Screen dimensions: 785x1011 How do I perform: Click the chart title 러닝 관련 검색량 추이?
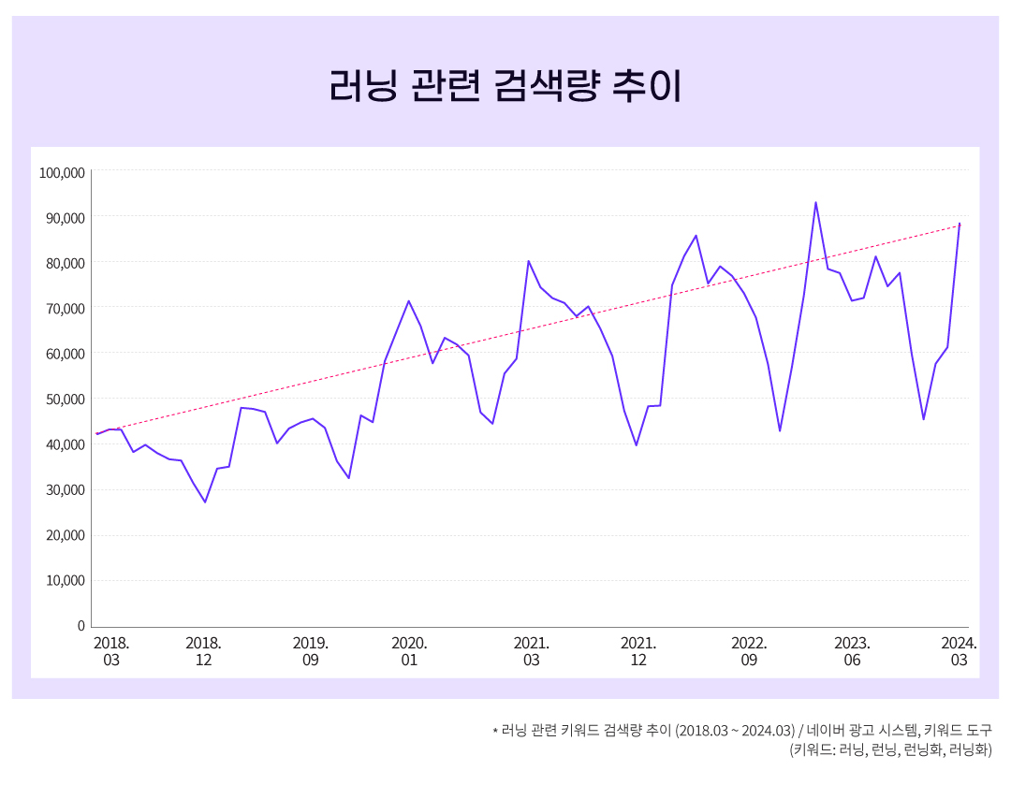click(x=505, y=86)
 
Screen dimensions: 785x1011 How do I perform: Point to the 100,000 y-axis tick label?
click(x=62, y=172)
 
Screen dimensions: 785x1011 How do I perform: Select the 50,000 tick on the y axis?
click(x=65, y=400)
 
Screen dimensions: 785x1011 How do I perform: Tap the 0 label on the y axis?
click(x=81, y=626)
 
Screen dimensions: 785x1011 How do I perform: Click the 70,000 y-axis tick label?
click(x=65, y=309)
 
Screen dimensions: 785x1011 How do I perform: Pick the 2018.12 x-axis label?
click(x=203, y=651)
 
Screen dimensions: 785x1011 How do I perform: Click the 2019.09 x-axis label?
click(x=310, y=651)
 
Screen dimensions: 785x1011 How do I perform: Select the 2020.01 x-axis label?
click(x=409, y=651)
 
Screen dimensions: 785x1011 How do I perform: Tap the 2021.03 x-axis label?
click(x=532, y=651)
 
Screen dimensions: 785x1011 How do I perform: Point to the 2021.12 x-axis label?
click(x=638, y=651)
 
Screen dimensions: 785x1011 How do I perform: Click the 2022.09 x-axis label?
click(x=749, y=651)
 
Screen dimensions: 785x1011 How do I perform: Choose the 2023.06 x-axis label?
click(x=852, y=651)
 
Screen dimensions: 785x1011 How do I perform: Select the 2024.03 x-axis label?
click(x=959, y=651)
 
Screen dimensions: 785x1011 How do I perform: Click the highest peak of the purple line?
click(x=815, y=202)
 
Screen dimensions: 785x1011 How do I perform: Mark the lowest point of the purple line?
click(x=205, y=502)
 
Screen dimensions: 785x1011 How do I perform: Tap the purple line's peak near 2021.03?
click(x=528, y=261)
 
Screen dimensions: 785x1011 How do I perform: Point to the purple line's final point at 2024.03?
click(x=960, y=224)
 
